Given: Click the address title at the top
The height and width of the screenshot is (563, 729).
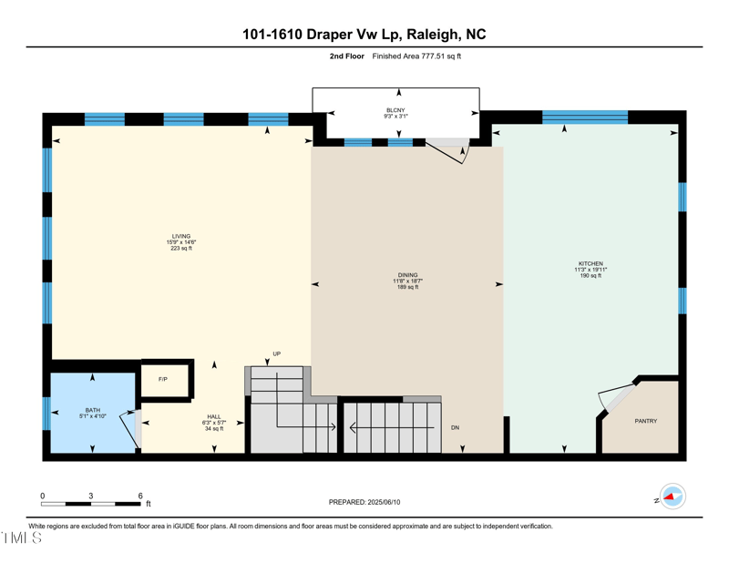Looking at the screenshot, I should [364, 35].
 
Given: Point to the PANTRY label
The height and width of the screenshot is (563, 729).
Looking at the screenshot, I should [645, 421].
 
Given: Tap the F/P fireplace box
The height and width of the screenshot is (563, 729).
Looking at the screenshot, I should [163, 379].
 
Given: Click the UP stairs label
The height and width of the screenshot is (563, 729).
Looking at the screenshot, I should [276, 353].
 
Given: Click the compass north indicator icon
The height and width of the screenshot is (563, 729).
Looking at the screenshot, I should [673, 496].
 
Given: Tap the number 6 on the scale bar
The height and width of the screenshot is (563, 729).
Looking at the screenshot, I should [140, 496].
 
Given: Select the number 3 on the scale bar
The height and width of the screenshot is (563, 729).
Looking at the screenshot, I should [91, 496].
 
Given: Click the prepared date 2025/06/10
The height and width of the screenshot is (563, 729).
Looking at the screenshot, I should [364, 502].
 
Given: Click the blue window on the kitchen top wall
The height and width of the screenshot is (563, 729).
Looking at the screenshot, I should [585, 117].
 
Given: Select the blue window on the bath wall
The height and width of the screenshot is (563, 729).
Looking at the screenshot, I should [46, 413].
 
